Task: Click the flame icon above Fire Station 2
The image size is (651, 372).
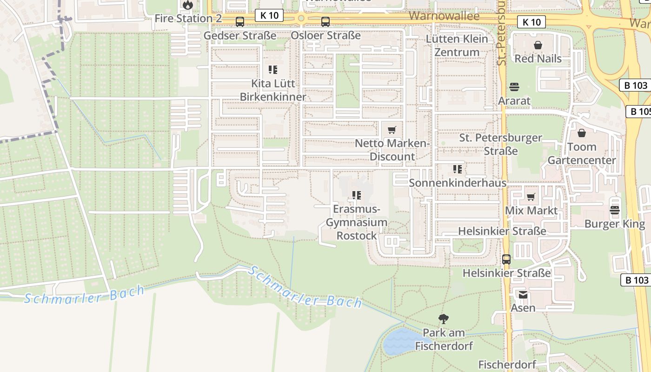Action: click(187, 5)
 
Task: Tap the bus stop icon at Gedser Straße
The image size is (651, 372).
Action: click(240, 21)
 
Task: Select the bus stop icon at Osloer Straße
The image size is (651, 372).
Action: click(325, 21)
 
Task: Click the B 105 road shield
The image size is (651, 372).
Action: click(640, 112)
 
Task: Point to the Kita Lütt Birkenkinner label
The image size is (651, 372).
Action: click(273, 90)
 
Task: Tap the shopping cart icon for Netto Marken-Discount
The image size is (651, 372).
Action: click(392, 130)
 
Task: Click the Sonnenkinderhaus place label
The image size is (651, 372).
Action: click(458, 183)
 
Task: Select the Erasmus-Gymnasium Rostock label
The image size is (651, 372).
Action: click(357, 222)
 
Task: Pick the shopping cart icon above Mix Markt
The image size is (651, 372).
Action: click(531, 197)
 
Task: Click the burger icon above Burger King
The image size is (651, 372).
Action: click(615, 210)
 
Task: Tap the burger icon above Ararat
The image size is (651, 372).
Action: click(514, 87)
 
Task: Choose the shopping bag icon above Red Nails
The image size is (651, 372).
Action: click(538, 45)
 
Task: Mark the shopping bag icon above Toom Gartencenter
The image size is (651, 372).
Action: click(581, 133)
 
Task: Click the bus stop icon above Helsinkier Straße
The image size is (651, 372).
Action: click(506, 259)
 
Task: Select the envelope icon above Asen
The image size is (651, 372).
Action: click(523, 294)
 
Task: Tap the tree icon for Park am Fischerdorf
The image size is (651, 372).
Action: click(444, 319)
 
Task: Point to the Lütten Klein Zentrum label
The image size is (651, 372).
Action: click(457, 46)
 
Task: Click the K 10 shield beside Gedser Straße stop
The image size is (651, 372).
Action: click(269, 15)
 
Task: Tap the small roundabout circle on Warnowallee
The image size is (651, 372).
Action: click(301, 19)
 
